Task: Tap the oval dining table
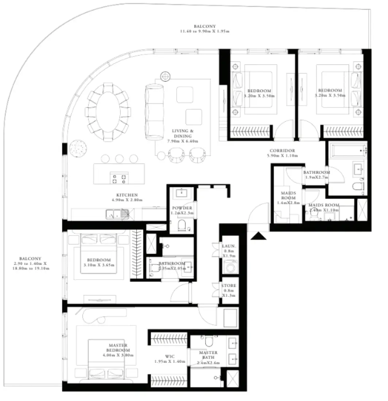(108, 112)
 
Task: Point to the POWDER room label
(182, 208)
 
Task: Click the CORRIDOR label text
(282, 151)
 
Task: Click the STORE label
(229, 285)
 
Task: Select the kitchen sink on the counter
(113, 214)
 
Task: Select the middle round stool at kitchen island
(119, 158)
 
